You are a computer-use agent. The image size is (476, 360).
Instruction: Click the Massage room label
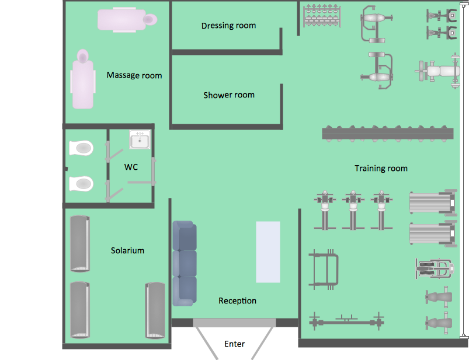[x=134, y=75]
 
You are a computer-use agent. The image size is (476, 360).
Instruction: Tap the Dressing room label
[x=228, y=26]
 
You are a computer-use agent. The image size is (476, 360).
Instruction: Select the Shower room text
[x=228, y=95]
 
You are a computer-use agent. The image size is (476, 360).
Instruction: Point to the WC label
[x=131, y=167]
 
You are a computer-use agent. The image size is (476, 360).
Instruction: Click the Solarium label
[x=127, y=251]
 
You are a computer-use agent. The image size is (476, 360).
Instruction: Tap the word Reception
[x=237, y=301]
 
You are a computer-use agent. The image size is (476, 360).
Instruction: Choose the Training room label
[x=381, y=169]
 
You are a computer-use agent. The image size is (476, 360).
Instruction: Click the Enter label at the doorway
[x=234, y=344]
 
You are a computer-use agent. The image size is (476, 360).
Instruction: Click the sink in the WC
[x=140, y=140]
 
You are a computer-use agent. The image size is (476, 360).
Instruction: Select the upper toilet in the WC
[x=81, y=148]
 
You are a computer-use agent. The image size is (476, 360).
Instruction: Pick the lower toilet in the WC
[x=81, y=184]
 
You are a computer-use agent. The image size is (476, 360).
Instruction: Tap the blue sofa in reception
[x=185, y=263]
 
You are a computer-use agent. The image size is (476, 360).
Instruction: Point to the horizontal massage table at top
[x=127, y=19]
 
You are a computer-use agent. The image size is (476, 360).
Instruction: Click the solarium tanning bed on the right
[x=155, y=310]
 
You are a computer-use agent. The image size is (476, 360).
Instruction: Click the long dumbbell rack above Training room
[x=388, y=134]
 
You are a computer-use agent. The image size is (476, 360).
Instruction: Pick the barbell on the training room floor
[x=346, y=320]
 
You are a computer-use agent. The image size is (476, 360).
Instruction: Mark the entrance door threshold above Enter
[x=234, y=323]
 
